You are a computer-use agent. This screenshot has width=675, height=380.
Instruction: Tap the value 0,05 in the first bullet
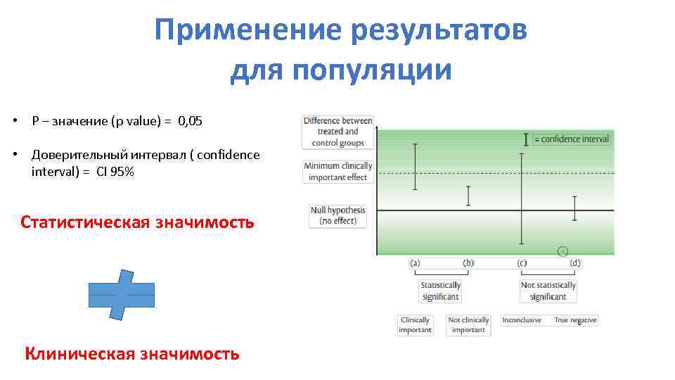(190, 121)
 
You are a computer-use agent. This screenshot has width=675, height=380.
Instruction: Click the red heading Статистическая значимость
(137, 223)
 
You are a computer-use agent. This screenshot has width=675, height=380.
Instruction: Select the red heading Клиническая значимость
(132, 353)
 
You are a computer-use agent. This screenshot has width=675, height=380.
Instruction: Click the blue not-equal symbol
(122, 295)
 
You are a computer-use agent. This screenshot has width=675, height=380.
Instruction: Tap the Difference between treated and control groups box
(337, 132)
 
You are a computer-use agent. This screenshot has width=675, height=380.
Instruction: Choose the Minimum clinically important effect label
(337, 172)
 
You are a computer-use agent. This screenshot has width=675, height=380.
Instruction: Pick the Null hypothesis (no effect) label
(337, 215)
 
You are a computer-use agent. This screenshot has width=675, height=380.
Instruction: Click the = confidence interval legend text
(572, 139)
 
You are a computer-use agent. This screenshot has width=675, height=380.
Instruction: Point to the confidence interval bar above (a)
(415, 167)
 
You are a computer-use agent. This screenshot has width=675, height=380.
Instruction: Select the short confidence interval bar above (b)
(468, 196)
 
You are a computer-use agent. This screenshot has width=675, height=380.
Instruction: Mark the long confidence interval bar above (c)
(522, 198)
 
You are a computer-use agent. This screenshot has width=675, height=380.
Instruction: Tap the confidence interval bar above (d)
(575, 208)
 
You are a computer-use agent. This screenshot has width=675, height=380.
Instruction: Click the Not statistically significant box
(548, 291)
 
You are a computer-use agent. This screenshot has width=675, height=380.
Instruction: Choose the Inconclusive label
(522, 320)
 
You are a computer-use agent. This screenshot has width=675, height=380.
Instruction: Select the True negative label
(575, 320)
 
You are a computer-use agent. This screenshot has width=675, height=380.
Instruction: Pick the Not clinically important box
(468, 324)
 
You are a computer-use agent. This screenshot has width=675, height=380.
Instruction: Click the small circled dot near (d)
(562, 251)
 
